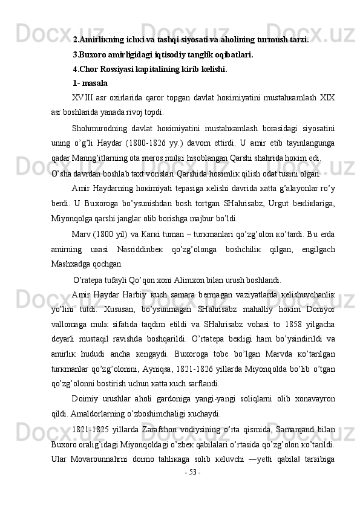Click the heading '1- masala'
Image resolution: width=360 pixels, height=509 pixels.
click(x=90, y=83)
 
